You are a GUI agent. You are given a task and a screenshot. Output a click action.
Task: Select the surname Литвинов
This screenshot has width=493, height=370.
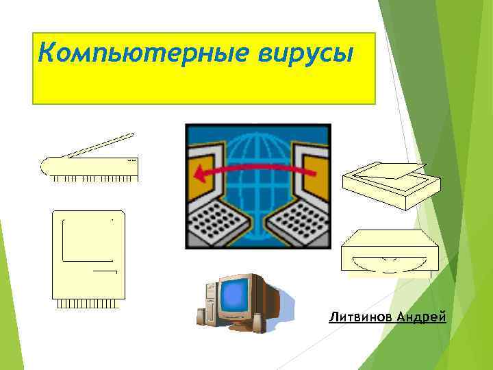tap(361, 317)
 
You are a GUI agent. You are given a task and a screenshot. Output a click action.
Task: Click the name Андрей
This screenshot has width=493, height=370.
tap(421, 317)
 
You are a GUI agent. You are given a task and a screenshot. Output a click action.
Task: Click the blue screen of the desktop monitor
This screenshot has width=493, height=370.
tap(235, 295)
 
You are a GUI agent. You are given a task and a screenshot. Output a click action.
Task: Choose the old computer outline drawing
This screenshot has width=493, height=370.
tap(89, 257)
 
